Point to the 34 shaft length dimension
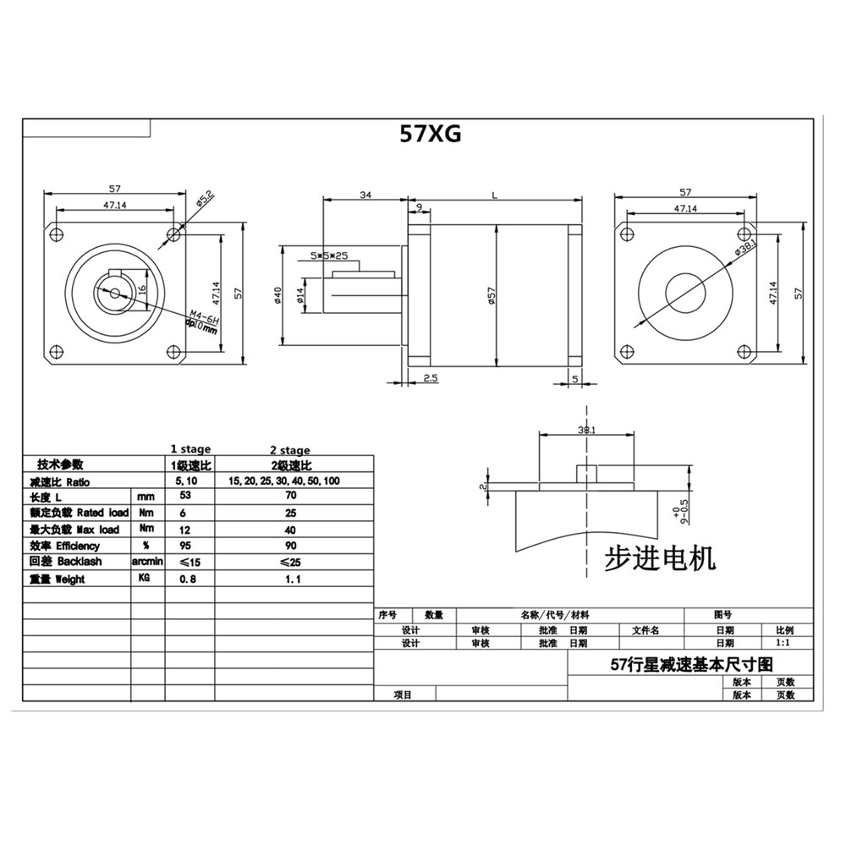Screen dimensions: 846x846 [x=365, y=195]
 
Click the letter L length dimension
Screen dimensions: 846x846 [x=494, y=195]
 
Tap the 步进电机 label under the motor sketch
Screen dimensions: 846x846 [x=661, y=558]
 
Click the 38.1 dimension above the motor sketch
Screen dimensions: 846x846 [x=586, y=430]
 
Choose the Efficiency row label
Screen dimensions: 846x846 [x=68, y=546]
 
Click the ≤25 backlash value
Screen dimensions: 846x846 [x=290, y=562]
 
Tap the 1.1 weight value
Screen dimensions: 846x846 [x=290, y=579]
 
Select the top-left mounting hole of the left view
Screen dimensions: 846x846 [x=58, y=232]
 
